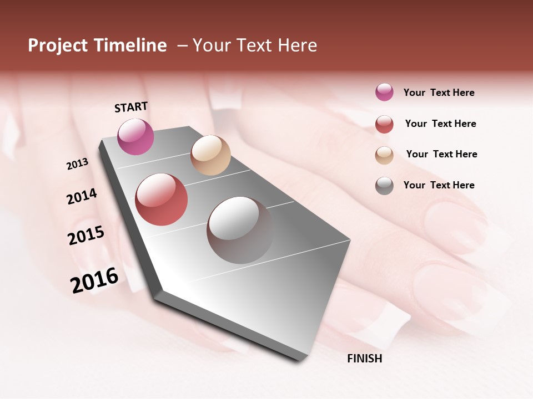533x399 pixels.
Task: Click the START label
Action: [x=131, y=107]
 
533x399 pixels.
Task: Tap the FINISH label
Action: [x=364, y=359]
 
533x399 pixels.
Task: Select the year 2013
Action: [x=78, y=164]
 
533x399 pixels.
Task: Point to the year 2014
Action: [x=82, y=196]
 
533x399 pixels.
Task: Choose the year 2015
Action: [x=86, y=236]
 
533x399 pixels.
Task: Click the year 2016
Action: [x=94, y=280]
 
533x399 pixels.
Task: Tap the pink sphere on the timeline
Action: [x=135, y=136]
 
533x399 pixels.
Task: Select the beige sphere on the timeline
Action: [x=210, y=155]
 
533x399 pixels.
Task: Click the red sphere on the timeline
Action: [x=162, y=199]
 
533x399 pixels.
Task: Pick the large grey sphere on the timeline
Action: [x=240, y=230]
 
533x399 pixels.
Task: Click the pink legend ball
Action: [x=384, y=93]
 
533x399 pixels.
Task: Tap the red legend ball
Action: [x=384, y=124]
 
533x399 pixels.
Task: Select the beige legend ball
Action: [x=384, y=155]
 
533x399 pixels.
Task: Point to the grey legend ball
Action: [x=384, y=186]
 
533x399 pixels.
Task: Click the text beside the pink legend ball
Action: [x=439, y=93]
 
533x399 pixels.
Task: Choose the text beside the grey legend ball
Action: [x=439, y=185]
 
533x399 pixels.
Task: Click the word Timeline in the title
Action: [x=130, y=45]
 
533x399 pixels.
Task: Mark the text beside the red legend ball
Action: [x=440, y=124]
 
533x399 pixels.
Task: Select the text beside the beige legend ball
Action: [x=441, y=154]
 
